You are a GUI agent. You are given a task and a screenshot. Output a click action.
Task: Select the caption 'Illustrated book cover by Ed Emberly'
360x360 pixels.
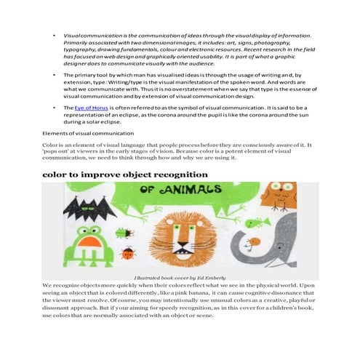click(x=180, y=278)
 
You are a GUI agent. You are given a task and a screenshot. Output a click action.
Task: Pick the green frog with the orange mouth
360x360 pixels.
click(x=90, y=241)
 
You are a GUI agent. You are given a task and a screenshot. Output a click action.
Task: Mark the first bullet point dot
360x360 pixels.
click(x=55, y=35)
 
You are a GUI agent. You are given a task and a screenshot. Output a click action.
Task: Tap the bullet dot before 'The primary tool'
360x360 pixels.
click(x=55, y=75)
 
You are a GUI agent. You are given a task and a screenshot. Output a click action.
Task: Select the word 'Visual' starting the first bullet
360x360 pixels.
click(x=73, y=35)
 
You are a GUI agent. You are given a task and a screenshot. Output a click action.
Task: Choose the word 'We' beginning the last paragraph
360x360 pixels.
click(x=48, y=286)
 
